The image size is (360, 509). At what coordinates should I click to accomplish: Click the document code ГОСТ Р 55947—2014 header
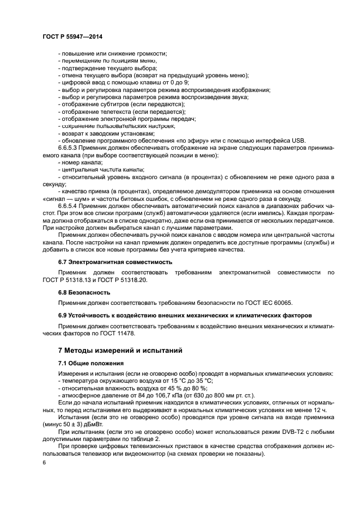pyautogui.click(x=72, y=36)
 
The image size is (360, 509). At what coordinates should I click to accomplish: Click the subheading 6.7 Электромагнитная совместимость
pyautogui.click(x=115, y=262)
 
